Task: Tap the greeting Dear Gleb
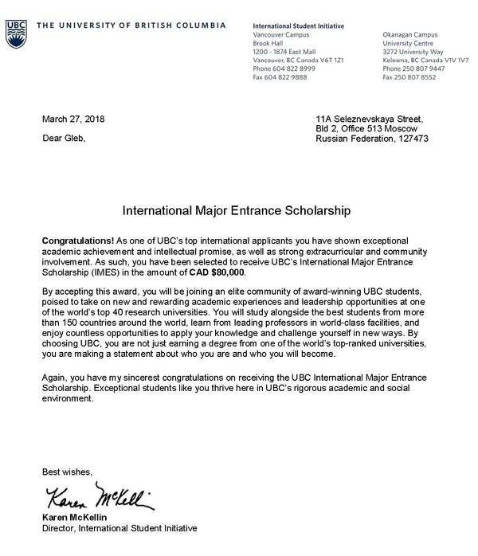[63, 138]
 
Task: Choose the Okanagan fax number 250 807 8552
[420, 77]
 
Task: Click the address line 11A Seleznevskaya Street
[372, 119]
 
